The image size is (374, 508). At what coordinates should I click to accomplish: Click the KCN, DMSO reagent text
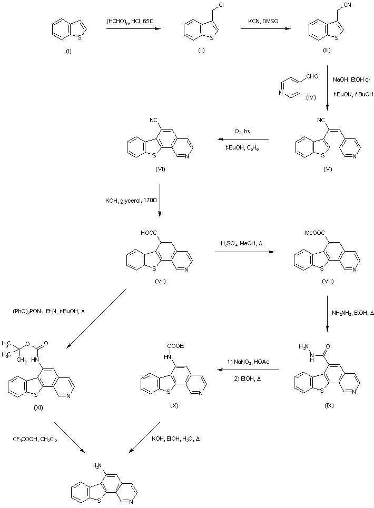tap(264, 21)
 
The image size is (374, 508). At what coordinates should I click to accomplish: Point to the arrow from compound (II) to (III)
tap(263, 29)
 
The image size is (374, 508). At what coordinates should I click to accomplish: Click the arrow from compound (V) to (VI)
tap(242, 140)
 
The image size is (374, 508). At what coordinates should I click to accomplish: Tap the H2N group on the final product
tap(98, 465)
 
